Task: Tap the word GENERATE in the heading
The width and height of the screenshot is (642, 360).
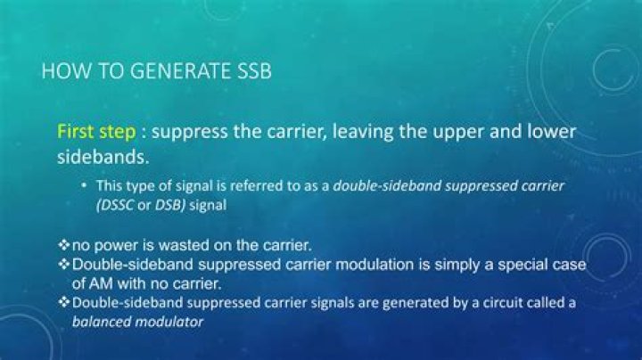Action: point(177,71)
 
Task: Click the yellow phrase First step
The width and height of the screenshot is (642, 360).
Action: point(96,132)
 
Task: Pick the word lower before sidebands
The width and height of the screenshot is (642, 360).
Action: point(546,132)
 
